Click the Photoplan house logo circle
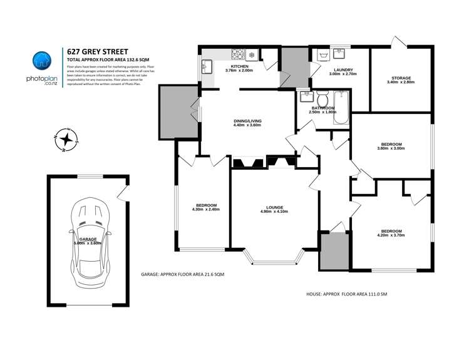coord(41,61)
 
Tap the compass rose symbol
coord(64,140)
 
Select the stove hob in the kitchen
coord(239,53)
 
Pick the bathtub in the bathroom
coord(341,108)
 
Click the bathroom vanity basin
coord(306,97)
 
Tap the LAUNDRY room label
coord(343,69)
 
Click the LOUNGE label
coord(274,207)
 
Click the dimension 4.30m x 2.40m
coord(206,210)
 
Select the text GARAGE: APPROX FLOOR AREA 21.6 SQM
coord(183,275)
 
